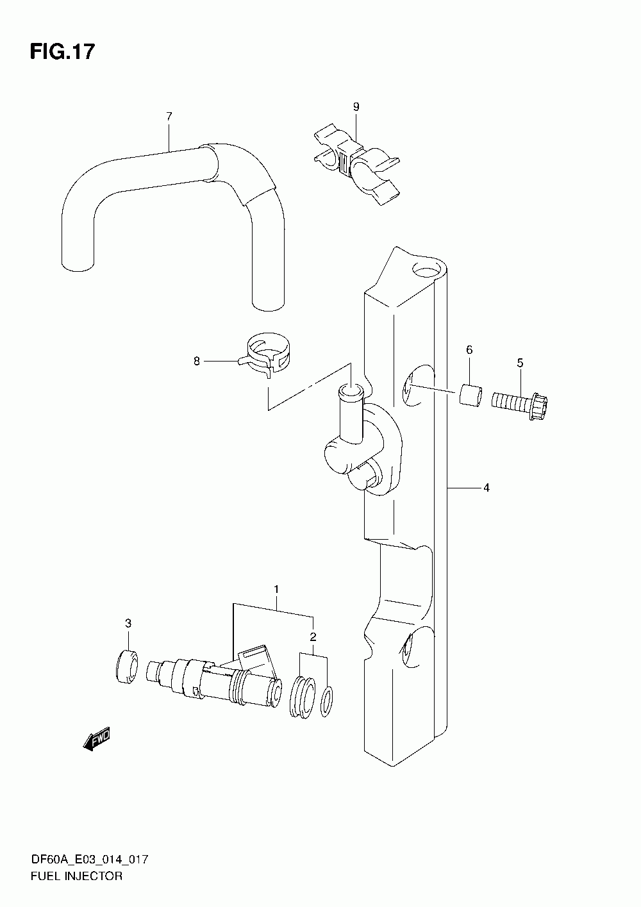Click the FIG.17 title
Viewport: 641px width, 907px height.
coord(62,52)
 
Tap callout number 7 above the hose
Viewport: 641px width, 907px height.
coord(169,116)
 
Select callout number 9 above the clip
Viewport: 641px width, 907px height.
coord(356,106)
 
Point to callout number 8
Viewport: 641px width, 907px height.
coord(197,362)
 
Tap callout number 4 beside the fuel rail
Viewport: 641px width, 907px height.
coord(487,488)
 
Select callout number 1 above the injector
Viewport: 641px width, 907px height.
coord(276,588)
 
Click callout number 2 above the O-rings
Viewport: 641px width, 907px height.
coord(313,637)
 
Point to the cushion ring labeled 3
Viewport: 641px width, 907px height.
coord(126,666)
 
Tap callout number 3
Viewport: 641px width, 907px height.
coord(128,623)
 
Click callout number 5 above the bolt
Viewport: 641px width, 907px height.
coord(520,364)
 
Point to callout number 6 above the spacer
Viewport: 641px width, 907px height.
coord(469,349)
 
